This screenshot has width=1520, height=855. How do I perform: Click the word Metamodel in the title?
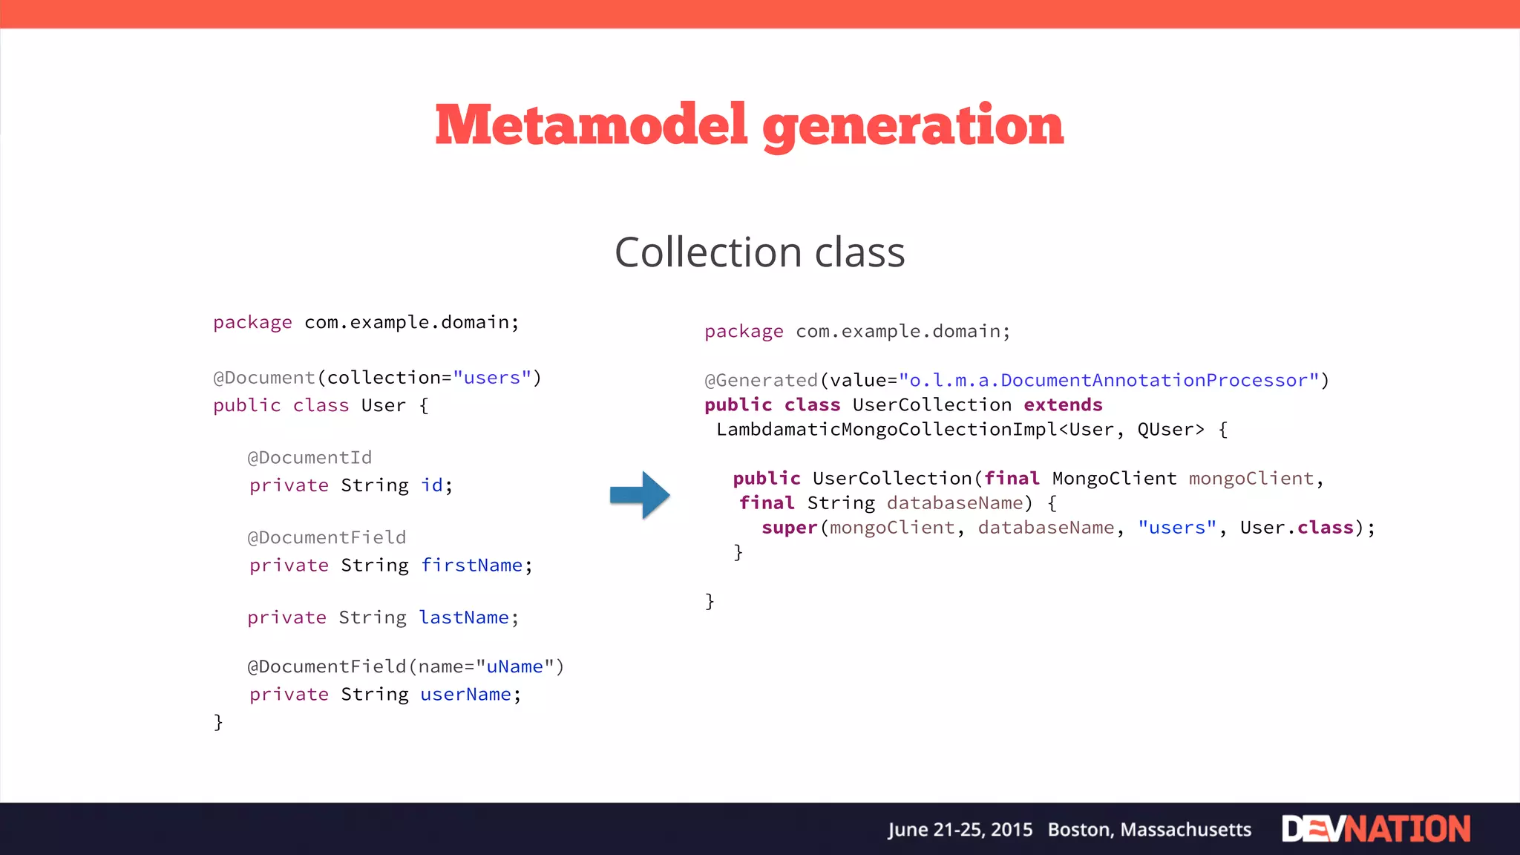[x=591, y=125]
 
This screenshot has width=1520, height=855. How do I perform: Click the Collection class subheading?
[x=759, y=252]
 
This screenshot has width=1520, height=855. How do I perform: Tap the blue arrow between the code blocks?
[x=640, y=494]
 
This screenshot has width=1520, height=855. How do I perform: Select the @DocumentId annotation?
[x=309, y=458]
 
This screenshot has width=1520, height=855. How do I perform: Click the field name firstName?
[x=472, y=566]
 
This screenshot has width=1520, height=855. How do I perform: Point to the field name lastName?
[x=464, y=617]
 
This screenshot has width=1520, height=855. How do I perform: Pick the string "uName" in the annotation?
[x=515, y=666]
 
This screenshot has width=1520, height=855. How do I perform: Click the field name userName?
[x=465, y=695]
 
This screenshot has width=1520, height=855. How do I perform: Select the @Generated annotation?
[x=761, y=381]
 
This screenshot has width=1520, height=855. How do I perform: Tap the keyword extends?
[x=1063, y=405]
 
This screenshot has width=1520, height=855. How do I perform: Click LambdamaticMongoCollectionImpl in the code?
[x=886, y=430]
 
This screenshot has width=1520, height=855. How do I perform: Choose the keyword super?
[x=789, y=528]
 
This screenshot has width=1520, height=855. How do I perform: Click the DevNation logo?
[x=1375, y=829]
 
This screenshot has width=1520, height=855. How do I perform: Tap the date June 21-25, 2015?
[x=960, y=830]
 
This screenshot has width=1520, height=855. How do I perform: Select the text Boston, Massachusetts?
[x=1149, y=830]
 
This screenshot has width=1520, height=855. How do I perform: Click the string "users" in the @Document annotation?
[x=492, y=378]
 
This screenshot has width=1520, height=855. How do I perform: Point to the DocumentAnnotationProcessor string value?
[x=1109, y=381]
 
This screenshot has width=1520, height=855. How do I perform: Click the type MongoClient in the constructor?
[x=1114, y=479]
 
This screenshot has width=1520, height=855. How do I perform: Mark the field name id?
[x=432, y=485]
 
